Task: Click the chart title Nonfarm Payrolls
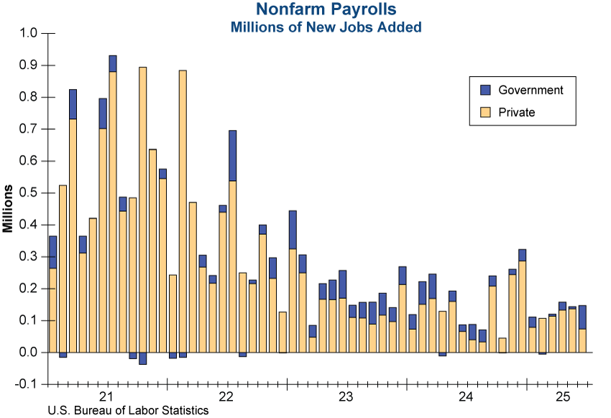point(325,9)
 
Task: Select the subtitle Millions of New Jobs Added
point(325,27)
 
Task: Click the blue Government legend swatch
point(485,90)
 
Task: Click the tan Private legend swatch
point(485,112)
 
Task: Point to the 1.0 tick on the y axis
point(28,33)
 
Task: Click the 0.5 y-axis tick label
point(28,192)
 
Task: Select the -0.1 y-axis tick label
point(27,384)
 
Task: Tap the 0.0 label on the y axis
point(28,352)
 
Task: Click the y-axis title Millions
point(9,208)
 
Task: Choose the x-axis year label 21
point(107,397)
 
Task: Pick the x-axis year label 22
point(226,397)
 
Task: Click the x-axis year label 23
point(346,397)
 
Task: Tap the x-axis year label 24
point(465,397)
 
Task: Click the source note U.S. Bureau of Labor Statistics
point(128,411)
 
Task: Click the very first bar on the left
point(52,294)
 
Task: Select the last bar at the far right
point(582,330)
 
